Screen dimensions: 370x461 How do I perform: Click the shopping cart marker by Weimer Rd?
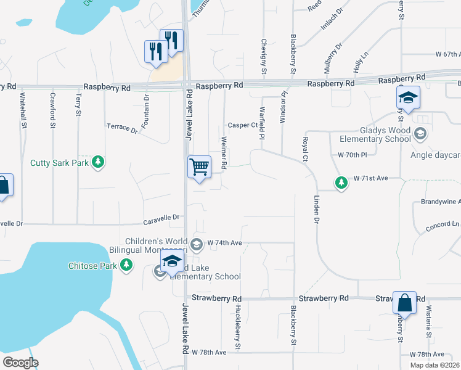pos(199,166)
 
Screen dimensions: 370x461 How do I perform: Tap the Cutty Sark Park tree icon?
pos(97,162)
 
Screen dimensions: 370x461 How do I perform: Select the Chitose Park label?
pos(92,266)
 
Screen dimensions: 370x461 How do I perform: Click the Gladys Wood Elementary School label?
pos(377,135)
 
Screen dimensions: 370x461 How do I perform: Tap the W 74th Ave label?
pos(225,243)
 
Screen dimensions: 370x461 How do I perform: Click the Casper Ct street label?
pos(242,125)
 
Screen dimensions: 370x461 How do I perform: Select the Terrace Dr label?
pos(122,128)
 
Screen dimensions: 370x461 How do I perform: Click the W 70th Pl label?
pos(352,155)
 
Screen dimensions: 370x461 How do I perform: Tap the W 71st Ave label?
pos(370,178)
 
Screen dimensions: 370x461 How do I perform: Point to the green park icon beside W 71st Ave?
pos(341,182)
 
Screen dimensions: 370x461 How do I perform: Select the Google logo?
pos(20,363)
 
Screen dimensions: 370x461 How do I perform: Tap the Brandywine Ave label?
pos(440,202)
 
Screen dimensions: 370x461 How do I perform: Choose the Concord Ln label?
pos(442,226)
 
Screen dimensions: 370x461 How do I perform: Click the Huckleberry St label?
pos(237,326)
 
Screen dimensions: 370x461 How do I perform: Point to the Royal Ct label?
pos(304,150)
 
